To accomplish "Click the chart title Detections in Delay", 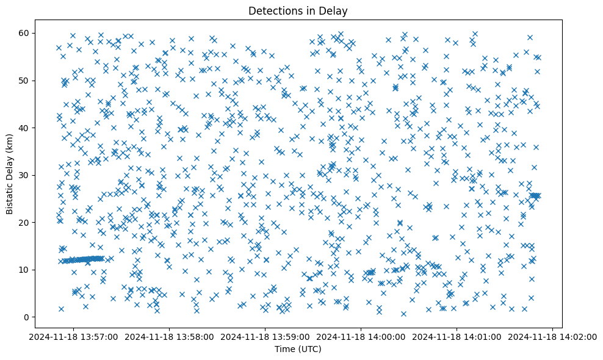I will click(x=298, y=10).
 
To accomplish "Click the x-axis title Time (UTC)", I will click(x=298, y=349).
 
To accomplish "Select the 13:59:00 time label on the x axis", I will click(x=265, y=336).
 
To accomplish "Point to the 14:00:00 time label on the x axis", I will click(x=361, y=336).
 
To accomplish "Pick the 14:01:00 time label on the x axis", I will click(x=457, y=336).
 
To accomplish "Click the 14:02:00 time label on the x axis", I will click(x=553, y=336).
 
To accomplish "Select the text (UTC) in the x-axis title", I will click(x=310, y=349).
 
